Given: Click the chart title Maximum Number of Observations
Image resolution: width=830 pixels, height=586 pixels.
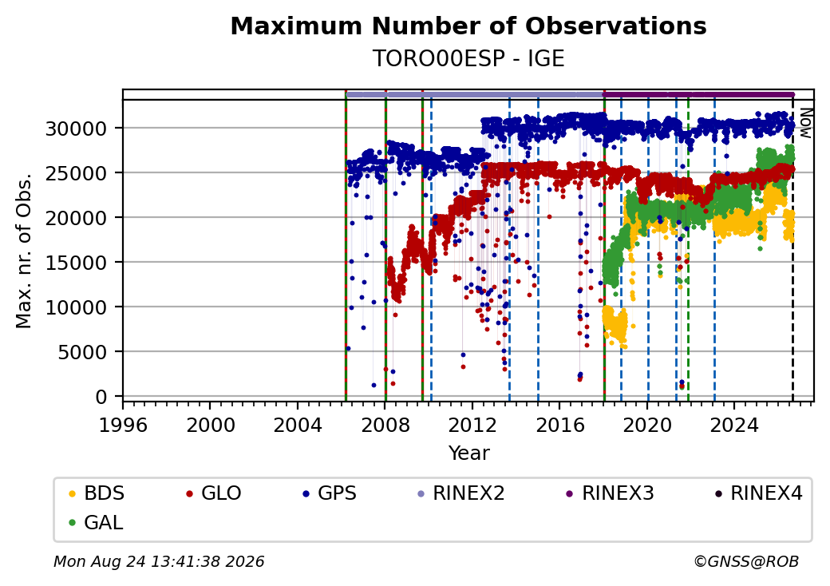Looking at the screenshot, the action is [x=468, y=26].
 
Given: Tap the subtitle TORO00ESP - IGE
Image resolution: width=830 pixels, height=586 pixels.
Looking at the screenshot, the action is [x=468, y=58].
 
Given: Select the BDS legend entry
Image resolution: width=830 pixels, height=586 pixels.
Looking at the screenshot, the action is [x=97, y=493].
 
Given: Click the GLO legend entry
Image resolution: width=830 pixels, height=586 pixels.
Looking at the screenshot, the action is [x=214, y=493].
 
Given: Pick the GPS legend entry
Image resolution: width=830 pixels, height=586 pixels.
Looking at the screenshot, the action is [x=330, y=493].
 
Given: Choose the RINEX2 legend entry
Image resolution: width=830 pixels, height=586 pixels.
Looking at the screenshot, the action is [x=461, y=493].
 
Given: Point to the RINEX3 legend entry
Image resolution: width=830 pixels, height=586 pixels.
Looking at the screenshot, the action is [x=611, y=493].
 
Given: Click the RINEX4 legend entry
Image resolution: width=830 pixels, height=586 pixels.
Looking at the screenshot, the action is [x=758, y=493].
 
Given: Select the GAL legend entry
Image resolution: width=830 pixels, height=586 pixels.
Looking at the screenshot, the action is [x=96, y=522].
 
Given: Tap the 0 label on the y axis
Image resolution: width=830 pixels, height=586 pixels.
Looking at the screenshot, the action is [x=101, y=397].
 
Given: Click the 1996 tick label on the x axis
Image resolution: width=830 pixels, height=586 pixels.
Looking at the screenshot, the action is [x=124, y=425].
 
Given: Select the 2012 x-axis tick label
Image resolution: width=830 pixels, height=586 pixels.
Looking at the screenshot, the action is [x=472, y=425].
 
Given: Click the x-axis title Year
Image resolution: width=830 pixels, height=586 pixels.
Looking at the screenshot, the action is [x=469, y=453].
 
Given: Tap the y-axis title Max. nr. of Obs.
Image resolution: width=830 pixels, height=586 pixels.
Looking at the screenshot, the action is [x=23, y=251].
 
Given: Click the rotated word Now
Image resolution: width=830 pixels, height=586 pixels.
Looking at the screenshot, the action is [x=805, y=123].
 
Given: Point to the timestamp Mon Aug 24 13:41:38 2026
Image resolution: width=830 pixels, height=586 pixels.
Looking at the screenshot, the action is [x=159, y=561].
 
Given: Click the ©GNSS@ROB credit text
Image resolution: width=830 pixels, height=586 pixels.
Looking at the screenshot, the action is [x=746, y=561].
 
